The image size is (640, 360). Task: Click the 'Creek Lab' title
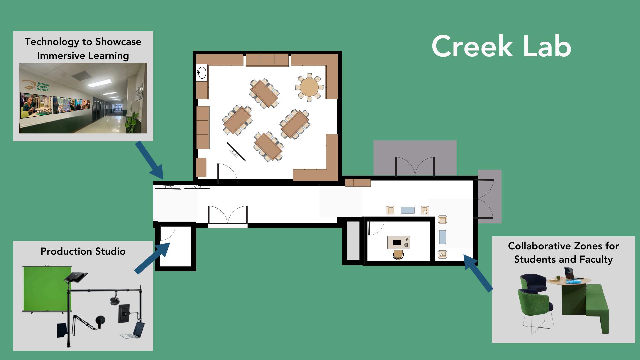pos(501,47)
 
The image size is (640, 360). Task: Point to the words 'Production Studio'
pos(83,251)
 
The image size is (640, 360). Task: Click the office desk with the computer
pos(398,243)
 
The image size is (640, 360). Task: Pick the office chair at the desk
pos(398,255)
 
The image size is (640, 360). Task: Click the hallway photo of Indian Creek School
pos(83,98)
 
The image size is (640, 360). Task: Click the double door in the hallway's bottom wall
pos(228,215)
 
